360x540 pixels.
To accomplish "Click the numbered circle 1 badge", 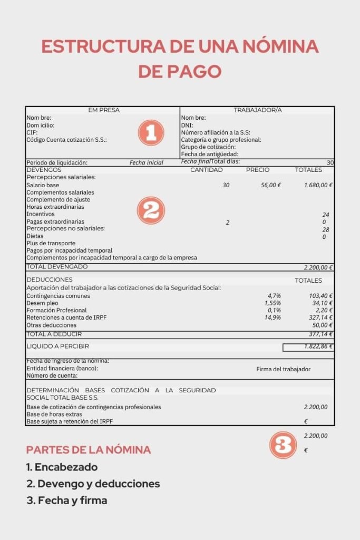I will [151, 133].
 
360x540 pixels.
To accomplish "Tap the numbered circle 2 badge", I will [151, 211].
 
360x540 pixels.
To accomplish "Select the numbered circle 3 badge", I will [284, 445].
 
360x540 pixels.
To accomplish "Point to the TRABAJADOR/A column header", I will [258, 110].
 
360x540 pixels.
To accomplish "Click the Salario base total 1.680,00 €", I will [319, 185].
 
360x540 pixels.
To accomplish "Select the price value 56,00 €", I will [270, 185].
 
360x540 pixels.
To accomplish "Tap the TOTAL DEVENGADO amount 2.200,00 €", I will [318, 267].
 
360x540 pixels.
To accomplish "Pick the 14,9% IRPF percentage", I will [273, 318].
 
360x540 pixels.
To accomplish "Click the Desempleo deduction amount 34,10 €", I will [322, 303].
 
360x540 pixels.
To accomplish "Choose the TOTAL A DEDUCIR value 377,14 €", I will [320, 334].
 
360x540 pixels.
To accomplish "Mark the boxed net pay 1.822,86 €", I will [308, 347].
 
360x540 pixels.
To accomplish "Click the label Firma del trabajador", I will [283, 369].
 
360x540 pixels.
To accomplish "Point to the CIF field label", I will [32, 132].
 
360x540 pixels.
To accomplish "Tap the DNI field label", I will [187, 126].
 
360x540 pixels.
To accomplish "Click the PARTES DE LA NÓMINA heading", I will [89, 450].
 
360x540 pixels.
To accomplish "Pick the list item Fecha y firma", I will [67, 500].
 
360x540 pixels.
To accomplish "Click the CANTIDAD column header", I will [206, 170].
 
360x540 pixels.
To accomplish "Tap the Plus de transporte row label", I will [51, 243].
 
